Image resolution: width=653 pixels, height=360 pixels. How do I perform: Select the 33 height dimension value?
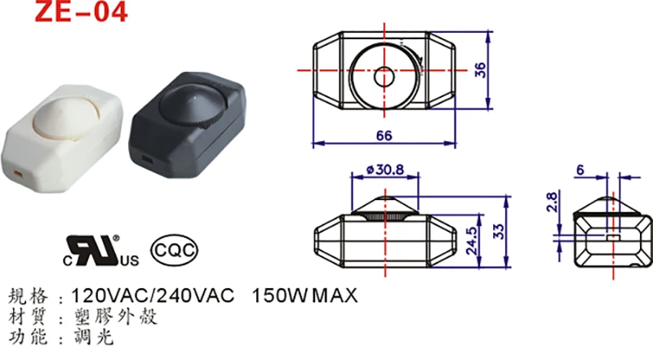(x=500, y=230)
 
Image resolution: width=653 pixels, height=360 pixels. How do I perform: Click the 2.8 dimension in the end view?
(x=551, y=202)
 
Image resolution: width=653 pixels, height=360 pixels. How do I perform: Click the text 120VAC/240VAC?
(x=154, y=295)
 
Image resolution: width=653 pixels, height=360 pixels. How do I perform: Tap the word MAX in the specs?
(x=334, y=295)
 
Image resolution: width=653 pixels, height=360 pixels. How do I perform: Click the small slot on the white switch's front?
(x=19, y=173)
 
